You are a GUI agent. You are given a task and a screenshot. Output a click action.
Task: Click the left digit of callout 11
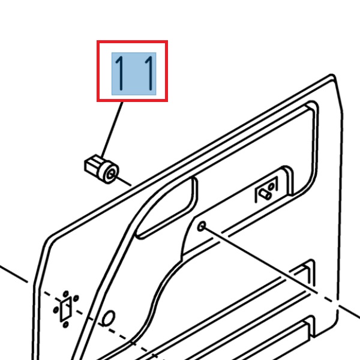click(120, 73)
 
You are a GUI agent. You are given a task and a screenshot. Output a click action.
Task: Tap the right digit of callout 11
click(147, 73)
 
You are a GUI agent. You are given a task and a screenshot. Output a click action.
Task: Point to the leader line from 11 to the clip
click(113, 128)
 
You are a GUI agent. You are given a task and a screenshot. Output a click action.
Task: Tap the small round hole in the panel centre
click(202, 226)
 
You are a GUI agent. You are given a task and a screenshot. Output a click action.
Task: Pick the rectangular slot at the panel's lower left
click(65, 308)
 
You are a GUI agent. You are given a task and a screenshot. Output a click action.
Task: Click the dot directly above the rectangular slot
click(64, 293)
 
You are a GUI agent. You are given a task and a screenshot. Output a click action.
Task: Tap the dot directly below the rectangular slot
click(65, 325)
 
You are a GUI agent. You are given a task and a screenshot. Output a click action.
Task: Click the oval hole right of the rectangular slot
click(109, 317)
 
